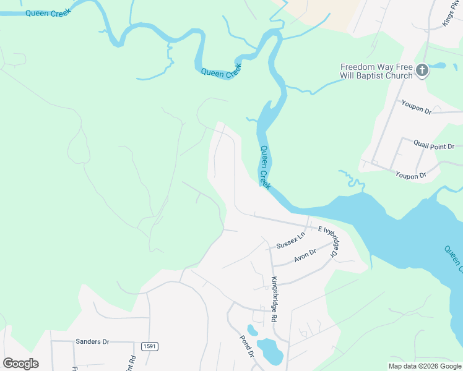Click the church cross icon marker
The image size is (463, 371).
coord(422,70)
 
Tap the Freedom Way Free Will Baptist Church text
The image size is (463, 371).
coord(376,71)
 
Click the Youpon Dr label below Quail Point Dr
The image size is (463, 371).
coord(411,176)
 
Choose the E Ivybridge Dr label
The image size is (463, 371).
coord(329,240)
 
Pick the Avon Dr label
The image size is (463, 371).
coord(305,255)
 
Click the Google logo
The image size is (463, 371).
coord(20,364)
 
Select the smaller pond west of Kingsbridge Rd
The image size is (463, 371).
coord(253,330)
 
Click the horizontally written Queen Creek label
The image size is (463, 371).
coord(47,12)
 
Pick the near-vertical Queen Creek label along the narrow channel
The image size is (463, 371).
coord(266,167)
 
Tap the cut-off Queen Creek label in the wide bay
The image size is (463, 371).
coord(453,258)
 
